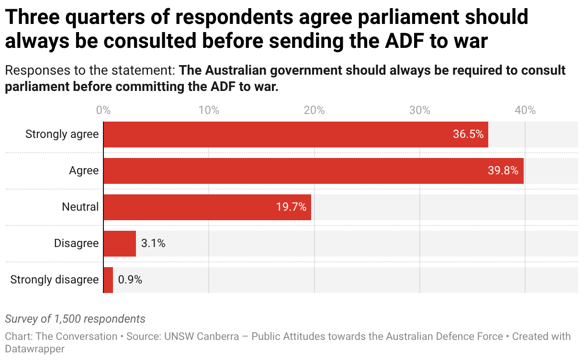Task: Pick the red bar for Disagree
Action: click(120, 244)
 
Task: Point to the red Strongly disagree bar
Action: click(108, 280)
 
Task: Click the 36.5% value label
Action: click(468, 135)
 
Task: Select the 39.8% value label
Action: click(503, 171)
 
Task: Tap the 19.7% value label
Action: click(291, 207)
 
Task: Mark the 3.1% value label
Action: click(153, 244)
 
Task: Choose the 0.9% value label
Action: click(130, 280)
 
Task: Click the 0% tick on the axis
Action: click(103, 111)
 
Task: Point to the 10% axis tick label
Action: click(209, 111)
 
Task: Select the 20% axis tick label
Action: click(314, 111)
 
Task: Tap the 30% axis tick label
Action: click(420, 111)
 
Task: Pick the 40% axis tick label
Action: click(525, 111)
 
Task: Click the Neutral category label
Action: click(80, 207)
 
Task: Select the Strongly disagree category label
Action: click(54, 280)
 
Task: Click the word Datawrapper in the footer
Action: click(34, 349)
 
